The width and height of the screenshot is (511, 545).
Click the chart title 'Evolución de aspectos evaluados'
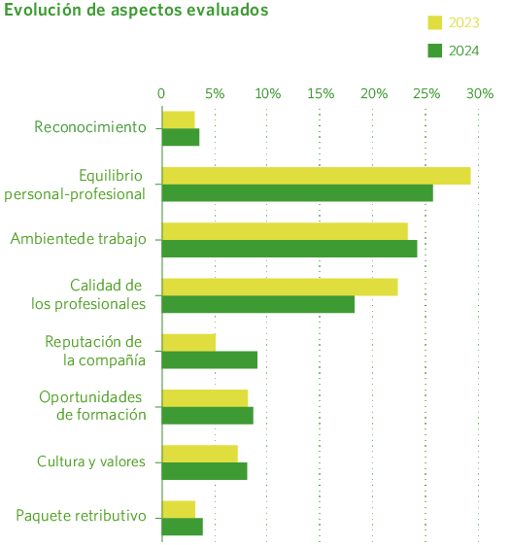coord(137,11)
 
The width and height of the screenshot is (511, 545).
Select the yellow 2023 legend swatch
coord(435,22)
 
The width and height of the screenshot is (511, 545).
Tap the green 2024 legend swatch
coord(435,51)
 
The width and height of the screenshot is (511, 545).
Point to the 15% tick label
coord(321,93)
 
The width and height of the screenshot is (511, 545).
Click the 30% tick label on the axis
coord(480,93)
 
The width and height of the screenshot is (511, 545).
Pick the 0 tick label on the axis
coord(161,93)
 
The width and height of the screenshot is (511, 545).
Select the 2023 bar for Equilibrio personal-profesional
coord(316,176)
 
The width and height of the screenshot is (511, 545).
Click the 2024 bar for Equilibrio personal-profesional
coord(297,193)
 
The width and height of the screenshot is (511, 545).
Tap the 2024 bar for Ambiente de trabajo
coord(290,249)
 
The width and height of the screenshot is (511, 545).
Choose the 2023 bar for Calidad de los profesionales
coord(280,287)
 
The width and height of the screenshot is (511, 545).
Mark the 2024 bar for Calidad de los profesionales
coord(257,304)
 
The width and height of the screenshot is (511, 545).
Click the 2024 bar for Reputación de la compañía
coord(209,360)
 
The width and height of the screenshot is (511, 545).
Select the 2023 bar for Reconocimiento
coord(179,119)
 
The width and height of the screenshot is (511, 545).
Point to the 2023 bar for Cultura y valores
coord(200,454)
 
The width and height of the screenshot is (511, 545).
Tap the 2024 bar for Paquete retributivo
coord(183,527)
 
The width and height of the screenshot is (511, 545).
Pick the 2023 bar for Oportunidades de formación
coord(205,398)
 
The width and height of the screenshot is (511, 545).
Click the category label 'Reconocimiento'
coord(89,127)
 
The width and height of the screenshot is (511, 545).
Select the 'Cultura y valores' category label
coord(90,461)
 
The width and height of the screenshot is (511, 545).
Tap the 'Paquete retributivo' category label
coord(81,516)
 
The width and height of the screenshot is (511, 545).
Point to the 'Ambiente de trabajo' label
coord(78,239)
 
